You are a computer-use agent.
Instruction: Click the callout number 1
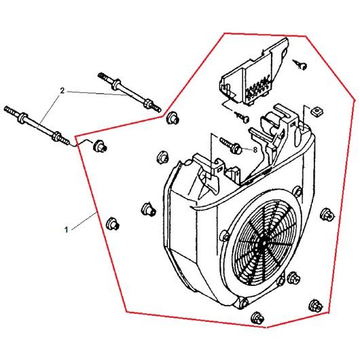[x=67, y=230]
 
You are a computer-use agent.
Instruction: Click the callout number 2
[x=62, y=91]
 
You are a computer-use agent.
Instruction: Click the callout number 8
[x=255, y=150]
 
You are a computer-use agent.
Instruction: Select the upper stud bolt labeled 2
[x=130, y=92]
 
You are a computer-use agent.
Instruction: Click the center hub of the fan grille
[x=263, y=243]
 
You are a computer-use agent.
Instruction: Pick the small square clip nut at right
[x=315, y=111]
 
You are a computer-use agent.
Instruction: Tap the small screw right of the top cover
[x=300, y=65]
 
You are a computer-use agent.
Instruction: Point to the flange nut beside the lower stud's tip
[x=100, y=145]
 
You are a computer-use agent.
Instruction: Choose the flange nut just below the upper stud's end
[x=173, y=118]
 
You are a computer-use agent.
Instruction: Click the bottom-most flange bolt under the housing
[x=257, y=318]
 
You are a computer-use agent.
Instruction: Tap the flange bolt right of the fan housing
[x=327, y=214]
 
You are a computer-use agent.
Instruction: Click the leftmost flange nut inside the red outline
[x=112, y=223]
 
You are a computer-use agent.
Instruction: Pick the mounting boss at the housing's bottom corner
[x=243, y=303]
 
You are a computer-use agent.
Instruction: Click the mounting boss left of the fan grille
[x=225, y=236]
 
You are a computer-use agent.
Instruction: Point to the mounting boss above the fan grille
[x=298, y=191]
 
